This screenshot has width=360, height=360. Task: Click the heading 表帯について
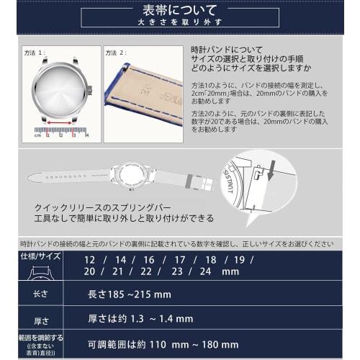[x=180, y=10]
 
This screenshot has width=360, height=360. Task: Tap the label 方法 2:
[x=117, y=53]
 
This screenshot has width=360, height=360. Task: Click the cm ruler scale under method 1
[x=63, y=134]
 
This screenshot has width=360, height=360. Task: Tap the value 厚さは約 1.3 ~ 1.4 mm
[x=140, y=318]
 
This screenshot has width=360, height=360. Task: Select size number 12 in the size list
[x=89, y=259]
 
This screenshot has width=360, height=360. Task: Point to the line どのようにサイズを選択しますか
[x=250, y=69]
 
